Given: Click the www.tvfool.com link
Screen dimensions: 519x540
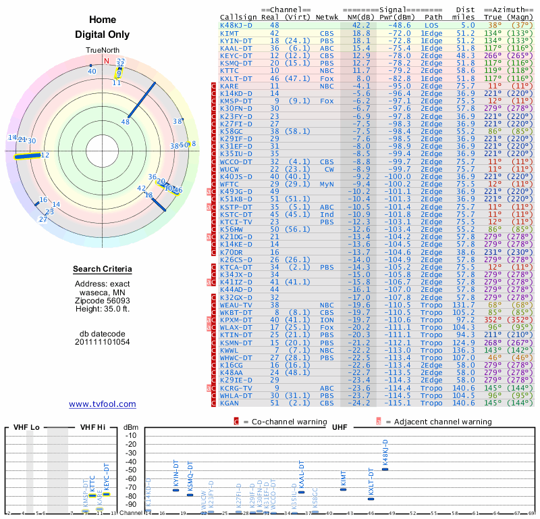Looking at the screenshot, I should (x=103, y=404).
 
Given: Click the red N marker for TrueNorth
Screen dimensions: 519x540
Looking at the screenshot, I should (x=106, y=60).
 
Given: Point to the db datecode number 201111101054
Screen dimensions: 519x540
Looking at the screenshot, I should (x=103, y=342).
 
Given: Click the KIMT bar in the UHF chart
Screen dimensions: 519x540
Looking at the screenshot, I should (x=343, y=489).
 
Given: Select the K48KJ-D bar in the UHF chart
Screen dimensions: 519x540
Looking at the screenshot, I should (x=385, y=469).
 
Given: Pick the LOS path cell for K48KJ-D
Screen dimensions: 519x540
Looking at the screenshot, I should (x=431, y=25).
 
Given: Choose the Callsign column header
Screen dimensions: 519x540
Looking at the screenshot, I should (x=236, y=17).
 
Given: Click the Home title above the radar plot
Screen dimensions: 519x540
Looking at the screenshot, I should (x=103, y=20).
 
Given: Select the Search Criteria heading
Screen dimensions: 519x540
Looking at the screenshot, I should (x=103, y=270).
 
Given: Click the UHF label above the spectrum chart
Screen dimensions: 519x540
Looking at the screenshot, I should (x=340, y=428).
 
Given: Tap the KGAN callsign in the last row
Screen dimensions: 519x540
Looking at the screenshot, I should (x=230, y=403).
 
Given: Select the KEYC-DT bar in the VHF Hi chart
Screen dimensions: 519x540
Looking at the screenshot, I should (x=106, y=494).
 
